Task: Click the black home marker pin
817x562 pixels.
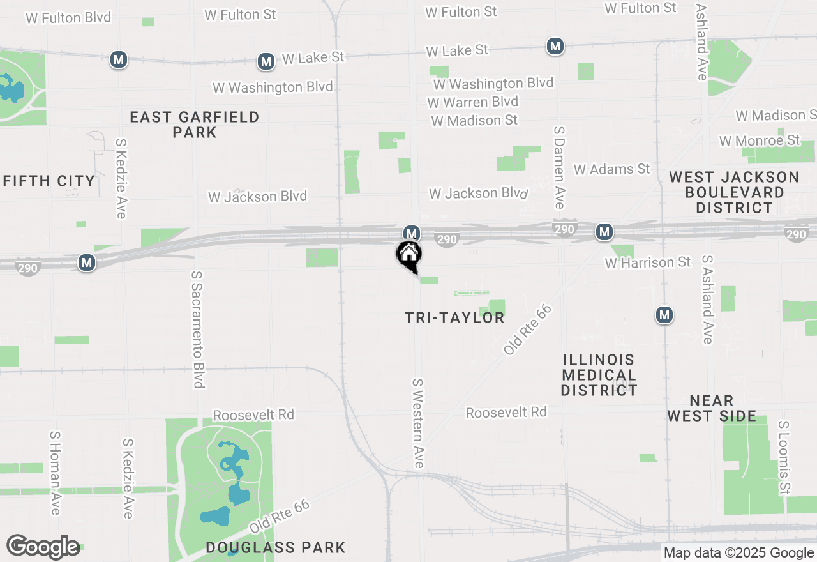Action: click(408, 255)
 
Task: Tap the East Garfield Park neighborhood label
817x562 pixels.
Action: click(195, 125)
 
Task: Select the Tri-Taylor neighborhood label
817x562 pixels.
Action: click(454, 317)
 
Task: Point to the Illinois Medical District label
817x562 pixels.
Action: click(599, 375)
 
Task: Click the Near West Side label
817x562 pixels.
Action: click(712, 409)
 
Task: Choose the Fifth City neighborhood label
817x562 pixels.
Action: click(49, 181)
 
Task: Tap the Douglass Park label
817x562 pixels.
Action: click(276, 547)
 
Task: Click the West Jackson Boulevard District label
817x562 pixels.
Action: click(735, 192)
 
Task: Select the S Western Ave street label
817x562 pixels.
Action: click(418, 423)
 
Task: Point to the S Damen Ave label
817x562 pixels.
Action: click(559, 167)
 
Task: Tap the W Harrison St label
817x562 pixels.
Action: click(648, 262)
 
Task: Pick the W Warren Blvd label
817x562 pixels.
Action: click(473, 102)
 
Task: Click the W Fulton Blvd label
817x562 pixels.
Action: click(68, 17)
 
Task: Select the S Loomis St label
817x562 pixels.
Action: click(784, 457)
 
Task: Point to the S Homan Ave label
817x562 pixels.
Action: click(55, 473)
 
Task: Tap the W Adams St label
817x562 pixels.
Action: click(611, 169)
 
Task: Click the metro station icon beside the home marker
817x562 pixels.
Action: click(411, 233)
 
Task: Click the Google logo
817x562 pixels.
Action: click(43, 547)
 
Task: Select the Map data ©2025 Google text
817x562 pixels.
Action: click(739, 553)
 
